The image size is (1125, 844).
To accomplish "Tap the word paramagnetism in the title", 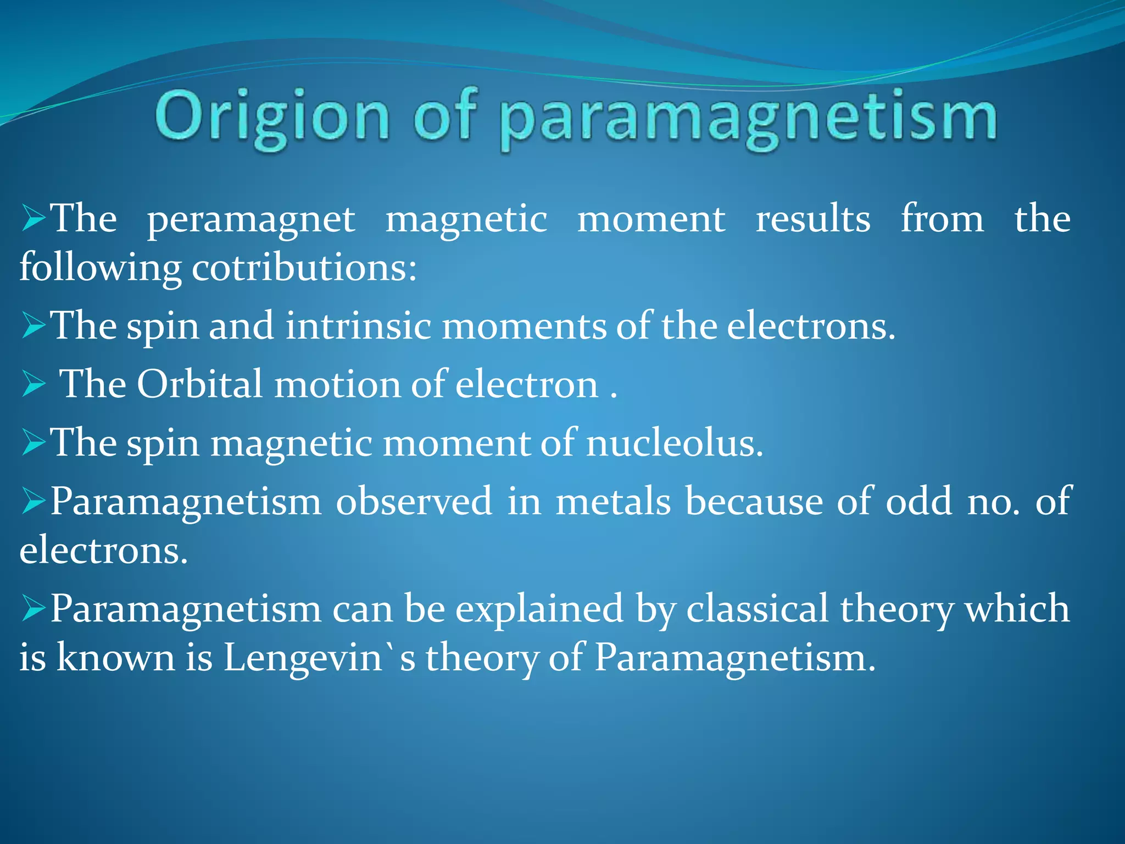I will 748,118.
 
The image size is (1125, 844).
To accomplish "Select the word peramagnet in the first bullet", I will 251,220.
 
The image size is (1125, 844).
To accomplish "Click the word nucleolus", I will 675,442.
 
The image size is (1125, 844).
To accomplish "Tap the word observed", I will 414,501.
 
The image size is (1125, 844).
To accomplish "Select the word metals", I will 613,501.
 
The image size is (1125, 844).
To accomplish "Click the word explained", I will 539,609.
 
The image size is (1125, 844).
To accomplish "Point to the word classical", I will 757,609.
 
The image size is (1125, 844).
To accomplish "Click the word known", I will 116,658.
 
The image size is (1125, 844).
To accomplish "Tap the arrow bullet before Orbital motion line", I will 34,384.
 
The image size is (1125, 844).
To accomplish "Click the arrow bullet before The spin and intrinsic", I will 34,326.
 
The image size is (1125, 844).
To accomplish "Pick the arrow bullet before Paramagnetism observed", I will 34,501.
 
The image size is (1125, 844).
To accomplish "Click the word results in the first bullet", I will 812,220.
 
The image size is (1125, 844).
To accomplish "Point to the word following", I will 100,269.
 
